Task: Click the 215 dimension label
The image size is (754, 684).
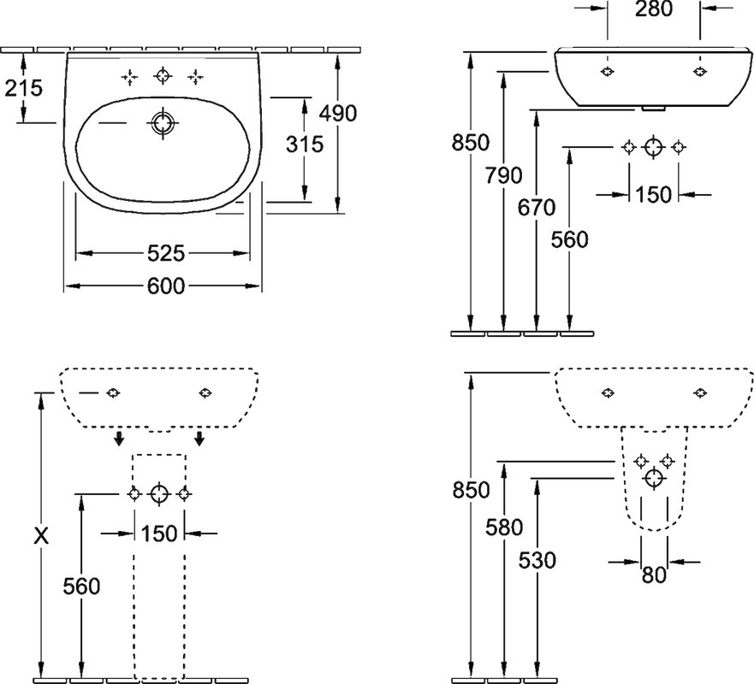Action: click(x=24, y=88)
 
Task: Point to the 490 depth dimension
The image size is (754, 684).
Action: click(x=339, y=114)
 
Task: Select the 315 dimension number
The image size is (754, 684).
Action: click(x=305, y=144)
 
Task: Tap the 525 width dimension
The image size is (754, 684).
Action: click(x=165, y=253)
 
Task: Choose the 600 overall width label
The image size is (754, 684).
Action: click(x=165, y=286)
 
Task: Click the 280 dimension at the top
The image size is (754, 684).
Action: click(x=654, y=9)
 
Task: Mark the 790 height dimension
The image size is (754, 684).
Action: click(x=503, y=175)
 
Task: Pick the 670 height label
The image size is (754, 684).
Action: click(x=537, y=208)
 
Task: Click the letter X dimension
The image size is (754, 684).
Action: click(x=41, y=535)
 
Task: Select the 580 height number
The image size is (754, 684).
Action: click(x=504, y=528)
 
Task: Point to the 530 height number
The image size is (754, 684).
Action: click(x=537, y=560)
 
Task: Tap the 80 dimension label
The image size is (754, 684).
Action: click(x=654, y=575)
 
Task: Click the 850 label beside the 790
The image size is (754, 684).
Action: click(x=471, y=143)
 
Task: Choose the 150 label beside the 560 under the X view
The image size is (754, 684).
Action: click(x=159, y=534)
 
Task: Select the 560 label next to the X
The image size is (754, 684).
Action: click(x=82, y=586)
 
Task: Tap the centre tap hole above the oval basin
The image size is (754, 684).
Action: click(x=163, y=76)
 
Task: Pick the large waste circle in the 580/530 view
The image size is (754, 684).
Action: click(x=654, y=479)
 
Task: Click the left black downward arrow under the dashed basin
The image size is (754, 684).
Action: click(x=119, y=438)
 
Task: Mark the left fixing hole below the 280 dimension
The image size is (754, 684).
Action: click(x=608, y=72)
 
